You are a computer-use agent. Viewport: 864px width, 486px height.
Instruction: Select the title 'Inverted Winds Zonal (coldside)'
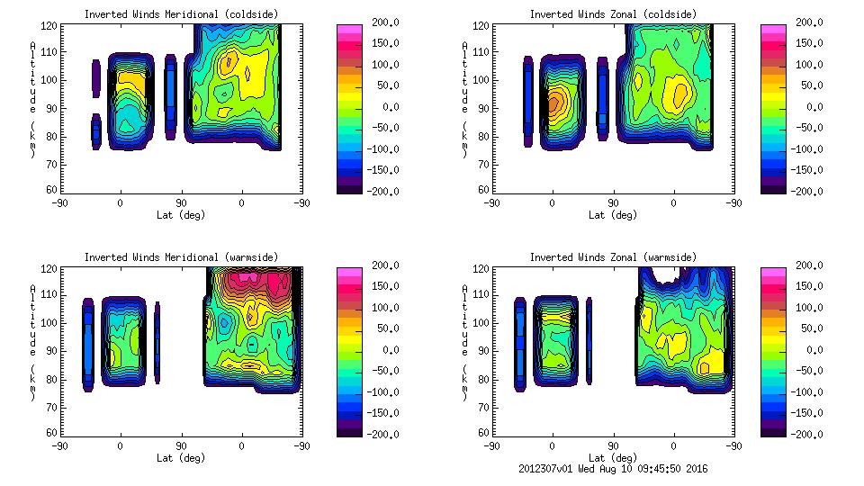(612, 14)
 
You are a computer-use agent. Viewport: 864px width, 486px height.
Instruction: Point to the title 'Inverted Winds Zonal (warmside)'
(612, 257)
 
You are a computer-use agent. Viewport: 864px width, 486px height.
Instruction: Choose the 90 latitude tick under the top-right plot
(613, 203)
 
